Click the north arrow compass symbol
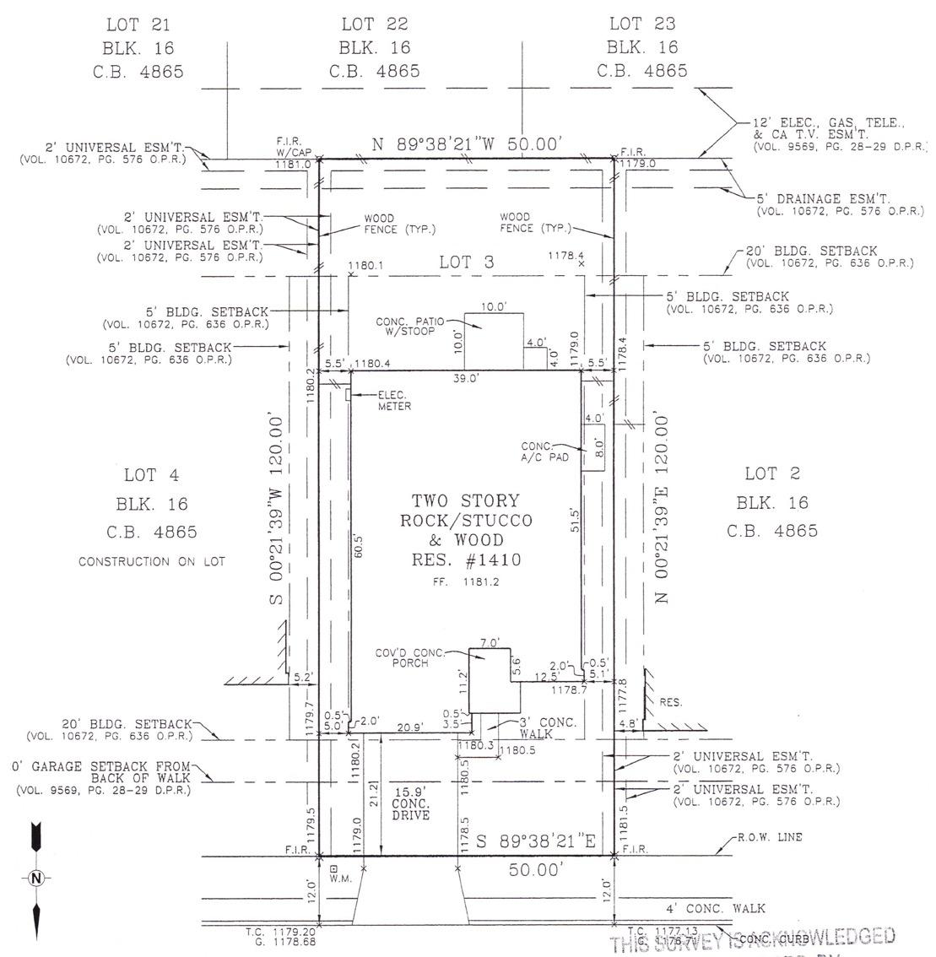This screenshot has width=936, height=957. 35,878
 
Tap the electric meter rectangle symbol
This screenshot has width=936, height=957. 349,394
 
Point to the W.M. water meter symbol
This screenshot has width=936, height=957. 334,868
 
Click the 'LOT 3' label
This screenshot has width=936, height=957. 467,262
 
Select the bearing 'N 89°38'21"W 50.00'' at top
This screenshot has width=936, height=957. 466,144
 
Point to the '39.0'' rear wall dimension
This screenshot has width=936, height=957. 465,380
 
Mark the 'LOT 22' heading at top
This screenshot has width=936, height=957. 375,24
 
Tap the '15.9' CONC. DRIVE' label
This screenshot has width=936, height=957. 412,804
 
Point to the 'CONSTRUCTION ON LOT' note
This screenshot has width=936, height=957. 152,561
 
